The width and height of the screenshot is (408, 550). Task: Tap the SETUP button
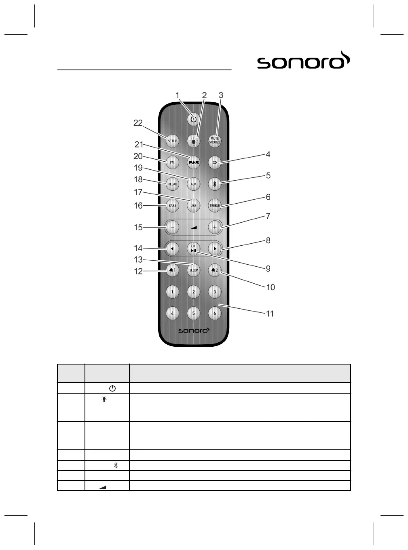click(172, 141)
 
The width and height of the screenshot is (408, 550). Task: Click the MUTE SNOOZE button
click(215, 141)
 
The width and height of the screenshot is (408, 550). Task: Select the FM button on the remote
click(172, 162)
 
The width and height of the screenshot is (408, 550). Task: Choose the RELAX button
click(172, 184)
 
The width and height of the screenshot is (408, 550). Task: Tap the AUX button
click(194, 184)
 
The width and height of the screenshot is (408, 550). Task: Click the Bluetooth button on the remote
click(215, 184)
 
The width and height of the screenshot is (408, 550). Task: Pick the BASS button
click(172, 205)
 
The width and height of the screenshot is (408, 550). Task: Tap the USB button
click(194, 205)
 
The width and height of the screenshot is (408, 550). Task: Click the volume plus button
click(215, 227)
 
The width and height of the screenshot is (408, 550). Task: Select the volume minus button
click(172, 227)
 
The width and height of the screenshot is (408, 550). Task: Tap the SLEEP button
click(194, 270)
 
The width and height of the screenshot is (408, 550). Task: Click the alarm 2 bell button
click(215, 270)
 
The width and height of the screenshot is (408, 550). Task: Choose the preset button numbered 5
click(194, 313)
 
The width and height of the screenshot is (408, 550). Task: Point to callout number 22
click(138, 123)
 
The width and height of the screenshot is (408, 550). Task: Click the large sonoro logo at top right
click(304, 61)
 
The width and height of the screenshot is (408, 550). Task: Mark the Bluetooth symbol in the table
click(116, 465)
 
